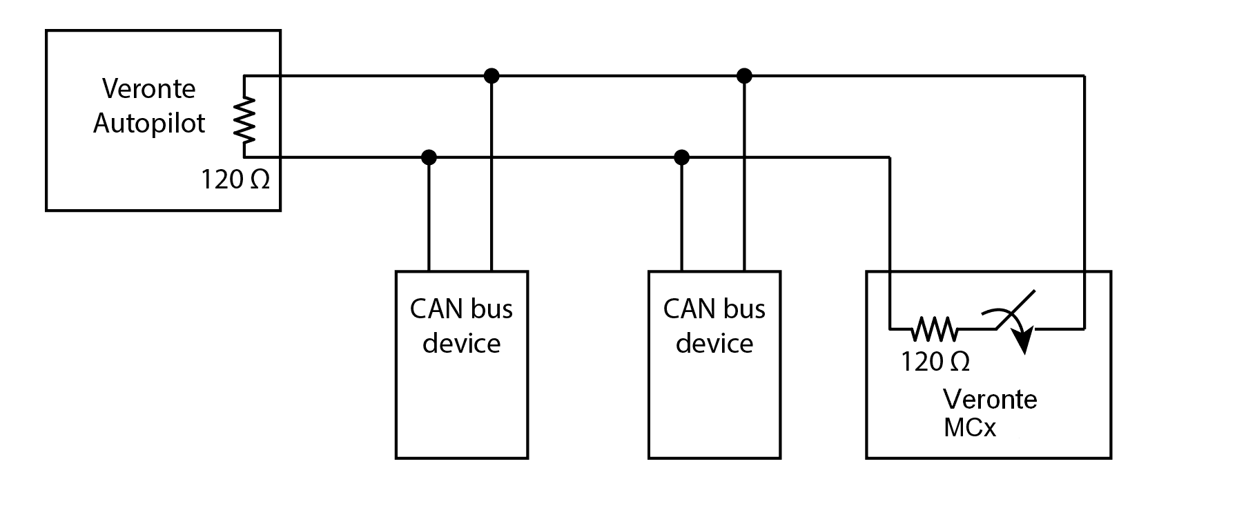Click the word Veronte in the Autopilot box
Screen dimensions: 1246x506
click(149, 89)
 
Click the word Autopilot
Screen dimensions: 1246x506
click(149, 124)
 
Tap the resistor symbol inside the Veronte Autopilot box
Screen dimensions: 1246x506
click(244, 117)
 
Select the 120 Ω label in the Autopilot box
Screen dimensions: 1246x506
click(235, 180)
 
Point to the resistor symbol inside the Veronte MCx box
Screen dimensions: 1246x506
click(935, 329)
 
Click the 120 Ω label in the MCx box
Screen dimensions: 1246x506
click(935, 362)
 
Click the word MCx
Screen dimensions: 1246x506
click(970, 429)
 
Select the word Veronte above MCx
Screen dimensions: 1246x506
click(990, 400)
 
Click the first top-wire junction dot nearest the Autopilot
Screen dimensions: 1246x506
click(491, 75)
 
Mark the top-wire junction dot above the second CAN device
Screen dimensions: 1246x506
click(744, 75)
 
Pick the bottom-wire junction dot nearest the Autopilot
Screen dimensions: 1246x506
click(429, 157)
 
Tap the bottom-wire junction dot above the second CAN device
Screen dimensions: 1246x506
click(682, 157)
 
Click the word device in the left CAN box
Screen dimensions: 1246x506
click(461, 344)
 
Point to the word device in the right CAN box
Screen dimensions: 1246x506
click(714, 344)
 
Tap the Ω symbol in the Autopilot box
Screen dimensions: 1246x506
click(259, 180)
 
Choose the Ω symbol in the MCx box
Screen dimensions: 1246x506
click(960, 362)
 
